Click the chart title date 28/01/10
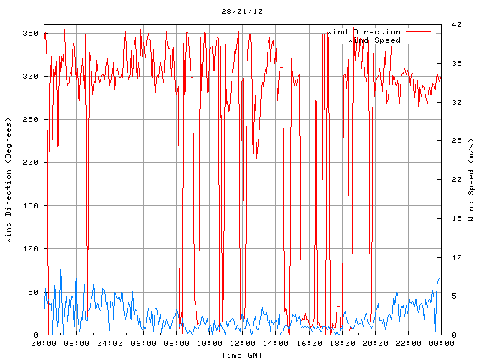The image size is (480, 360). [x=242, y=12]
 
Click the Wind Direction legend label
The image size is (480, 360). [x=364, y=32]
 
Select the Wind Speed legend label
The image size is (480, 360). [x=374, y=40]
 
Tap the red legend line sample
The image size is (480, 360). [x=418, y=32]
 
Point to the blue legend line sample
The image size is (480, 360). [x=418, y=40]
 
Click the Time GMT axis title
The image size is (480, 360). [x=242, y=355]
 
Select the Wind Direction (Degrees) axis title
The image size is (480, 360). [x=9, y=180]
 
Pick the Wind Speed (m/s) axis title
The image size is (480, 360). [x=471, y=180]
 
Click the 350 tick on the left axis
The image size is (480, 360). [x=30, y=34]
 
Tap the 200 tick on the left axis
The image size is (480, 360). [x=30, y=163]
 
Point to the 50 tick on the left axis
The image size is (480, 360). [x=32, y=292]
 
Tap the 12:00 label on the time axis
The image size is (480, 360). [x=242, y=343]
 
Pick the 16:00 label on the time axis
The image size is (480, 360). [x=308, y=343]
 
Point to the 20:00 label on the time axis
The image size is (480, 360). [x=374, y=343]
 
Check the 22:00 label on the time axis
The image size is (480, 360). [x=407, y=343]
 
